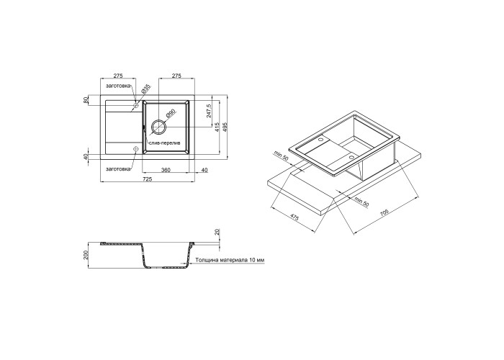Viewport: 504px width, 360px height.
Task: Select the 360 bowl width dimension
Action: tap(165, 170)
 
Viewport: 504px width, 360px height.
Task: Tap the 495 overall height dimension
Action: tap(225, 127)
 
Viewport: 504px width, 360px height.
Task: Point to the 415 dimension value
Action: tap(217, 127)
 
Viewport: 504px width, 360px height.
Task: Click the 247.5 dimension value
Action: tap(208, 111)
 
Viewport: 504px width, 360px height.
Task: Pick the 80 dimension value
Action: tap(86, 100)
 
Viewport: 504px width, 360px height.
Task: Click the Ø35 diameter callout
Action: tap(145, 89)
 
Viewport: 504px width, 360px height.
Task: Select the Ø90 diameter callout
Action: tap(171, 114)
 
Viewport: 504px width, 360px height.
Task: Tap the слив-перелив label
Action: tap(165, 143)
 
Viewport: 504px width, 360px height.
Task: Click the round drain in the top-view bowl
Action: tap(158, 126)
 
